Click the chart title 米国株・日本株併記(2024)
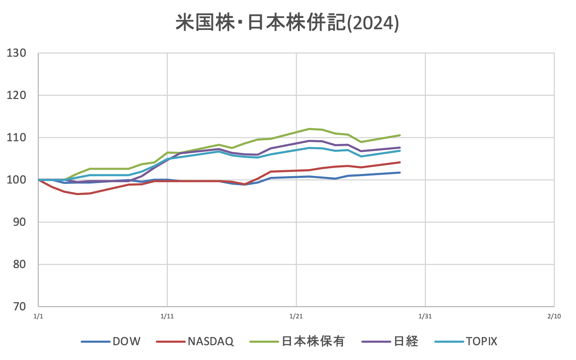(x=287, y=23)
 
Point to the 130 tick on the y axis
(x=17, y=53)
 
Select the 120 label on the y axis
(x=17, y=95)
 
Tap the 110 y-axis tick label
(x=17, y=137)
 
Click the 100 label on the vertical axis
(x=17, y=180)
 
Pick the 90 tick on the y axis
(x=19, y=222)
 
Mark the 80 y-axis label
(x=19, y=264)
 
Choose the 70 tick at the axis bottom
(x=19, y=306)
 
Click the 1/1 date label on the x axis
(x=38, y=316)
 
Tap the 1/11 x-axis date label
(x=167, y=316)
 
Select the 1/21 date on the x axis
(x=296, y=316)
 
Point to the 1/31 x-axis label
(x=425, y=316)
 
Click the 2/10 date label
(x=554, y=316)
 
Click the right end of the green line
(x=400, y=135)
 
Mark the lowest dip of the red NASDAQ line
(x=77, y=194)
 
